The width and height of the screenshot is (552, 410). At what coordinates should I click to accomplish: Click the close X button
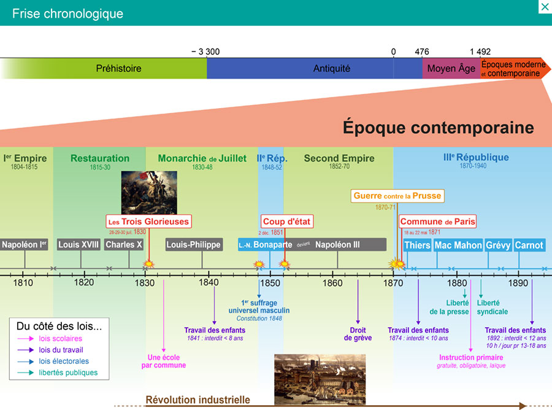tap(544, 7)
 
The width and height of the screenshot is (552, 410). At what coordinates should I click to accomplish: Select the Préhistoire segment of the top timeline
tap(118, 69)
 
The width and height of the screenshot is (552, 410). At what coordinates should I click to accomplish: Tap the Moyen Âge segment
tap(451, 69)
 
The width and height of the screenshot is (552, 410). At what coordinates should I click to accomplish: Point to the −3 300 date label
tap(205, 52)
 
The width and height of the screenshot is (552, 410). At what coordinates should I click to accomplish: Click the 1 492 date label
tap(480, 52)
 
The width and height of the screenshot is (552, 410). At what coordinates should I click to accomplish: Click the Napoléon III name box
tap(338, 245)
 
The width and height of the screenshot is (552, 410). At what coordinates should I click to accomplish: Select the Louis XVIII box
tap(79, 245)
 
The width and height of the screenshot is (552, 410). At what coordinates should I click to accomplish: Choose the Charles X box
tap(124, 245)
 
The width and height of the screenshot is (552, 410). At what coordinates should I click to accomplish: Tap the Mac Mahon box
tap(458, 245)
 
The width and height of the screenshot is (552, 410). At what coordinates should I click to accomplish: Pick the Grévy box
tap(498, 245)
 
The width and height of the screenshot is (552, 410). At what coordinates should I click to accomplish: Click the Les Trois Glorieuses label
tap(148, 222)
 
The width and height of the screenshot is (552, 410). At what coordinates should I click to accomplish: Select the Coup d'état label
tap(287, 222)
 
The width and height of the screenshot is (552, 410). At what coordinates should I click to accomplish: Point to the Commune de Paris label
tap(437, 222)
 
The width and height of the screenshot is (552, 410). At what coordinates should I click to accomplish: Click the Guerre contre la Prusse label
tap(397, 196)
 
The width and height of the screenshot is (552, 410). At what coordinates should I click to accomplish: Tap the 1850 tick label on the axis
tap(270, 283)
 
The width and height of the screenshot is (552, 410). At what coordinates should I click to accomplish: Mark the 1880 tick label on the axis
tap(456, 283)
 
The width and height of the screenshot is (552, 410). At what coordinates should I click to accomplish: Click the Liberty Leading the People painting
tap(149, 193)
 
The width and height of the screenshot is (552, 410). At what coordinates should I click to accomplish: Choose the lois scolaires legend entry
tap(60, 338)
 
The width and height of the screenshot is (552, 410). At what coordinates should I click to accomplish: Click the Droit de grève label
tap(358, 334)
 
